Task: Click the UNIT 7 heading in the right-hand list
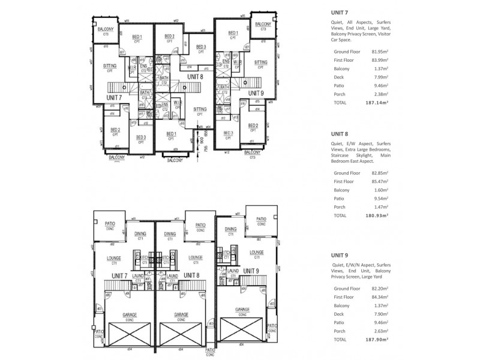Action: (x=340, y=12)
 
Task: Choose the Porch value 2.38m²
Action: (x=379, y=94)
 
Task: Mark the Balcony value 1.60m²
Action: (x=379, y=190)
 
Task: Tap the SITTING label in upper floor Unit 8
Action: (x=200, y=109)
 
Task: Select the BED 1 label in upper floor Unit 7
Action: (x=137, y=37)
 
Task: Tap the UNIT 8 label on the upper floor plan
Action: (x=195, y=77)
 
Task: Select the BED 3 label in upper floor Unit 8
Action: (x=200, y=47)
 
